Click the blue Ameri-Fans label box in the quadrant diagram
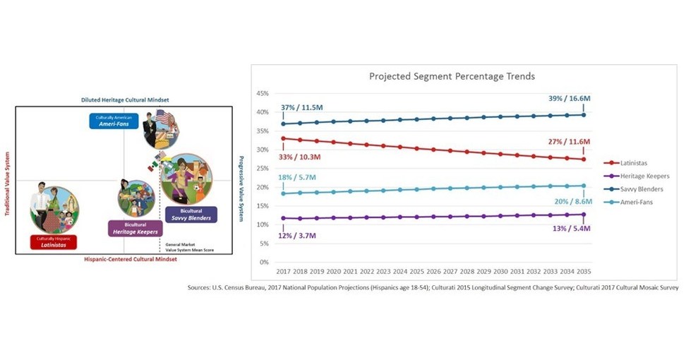114,121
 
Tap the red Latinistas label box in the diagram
53,241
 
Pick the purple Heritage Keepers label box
136,228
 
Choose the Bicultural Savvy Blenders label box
191,215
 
